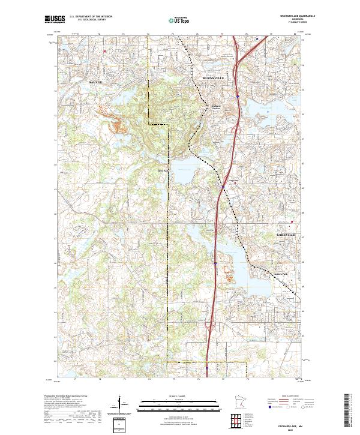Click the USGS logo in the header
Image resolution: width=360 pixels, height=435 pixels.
click(x=55, y=19)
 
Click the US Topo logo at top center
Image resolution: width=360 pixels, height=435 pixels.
click(x=179, y=20)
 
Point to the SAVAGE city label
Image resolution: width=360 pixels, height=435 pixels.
click(x=96, y=80)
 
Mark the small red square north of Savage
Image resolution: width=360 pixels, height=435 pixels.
click(x=105, y=52)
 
